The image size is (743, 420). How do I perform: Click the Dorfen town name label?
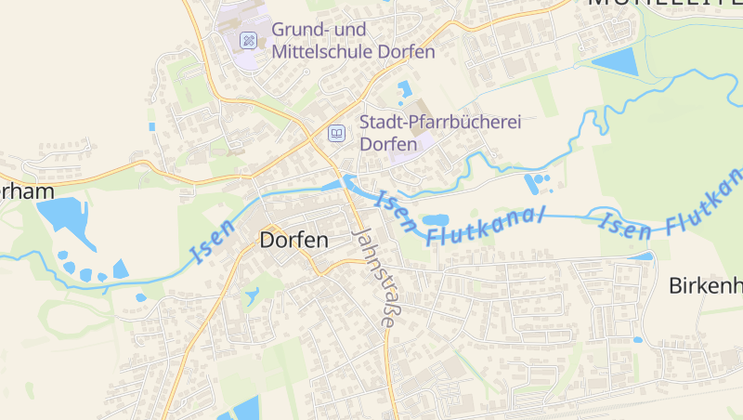click(x=294, y=240)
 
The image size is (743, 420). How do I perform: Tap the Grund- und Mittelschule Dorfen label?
click(x=353, y=41)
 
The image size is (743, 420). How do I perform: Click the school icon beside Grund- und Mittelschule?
click(x=248, y=40)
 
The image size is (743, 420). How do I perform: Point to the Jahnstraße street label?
click(x=374, y=277)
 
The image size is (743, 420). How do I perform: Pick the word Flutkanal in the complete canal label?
click(x=486, y=224)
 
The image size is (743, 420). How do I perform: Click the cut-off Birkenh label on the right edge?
click(x=705, y=285)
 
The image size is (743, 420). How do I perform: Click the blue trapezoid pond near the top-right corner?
click(x=615, y=61)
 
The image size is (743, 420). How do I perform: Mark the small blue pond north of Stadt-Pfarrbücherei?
click(x=404, y=90)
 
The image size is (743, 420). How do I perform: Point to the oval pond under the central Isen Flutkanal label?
click(x=436, y=221)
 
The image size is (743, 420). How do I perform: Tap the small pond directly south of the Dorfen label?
click(x=253, y=296)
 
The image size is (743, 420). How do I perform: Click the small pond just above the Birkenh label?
click(x=641, y=256)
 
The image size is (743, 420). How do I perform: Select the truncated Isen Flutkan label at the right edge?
click(x=672, y=206)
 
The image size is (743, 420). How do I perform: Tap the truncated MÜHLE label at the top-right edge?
click(x=665, y=4)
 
